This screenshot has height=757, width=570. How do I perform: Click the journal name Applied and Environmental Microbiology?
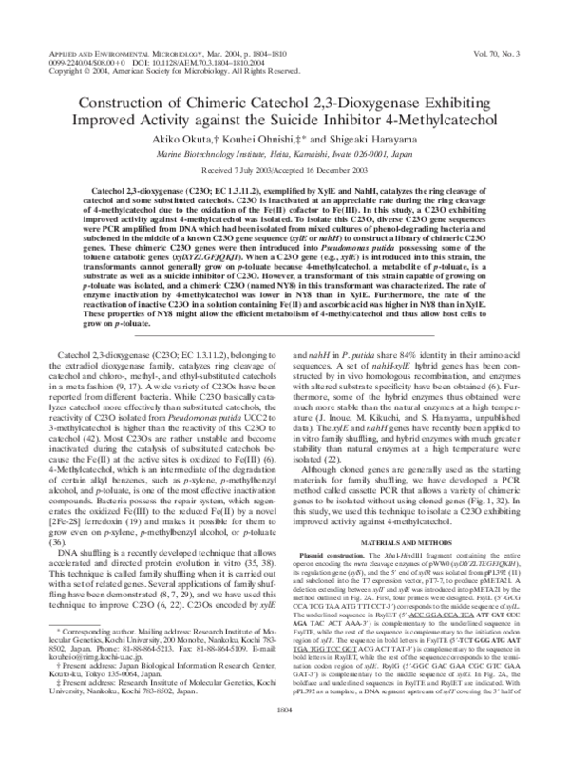(109, 59)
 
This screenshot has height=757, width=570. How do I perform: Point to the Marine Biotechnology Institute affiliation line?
(285, 152)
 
